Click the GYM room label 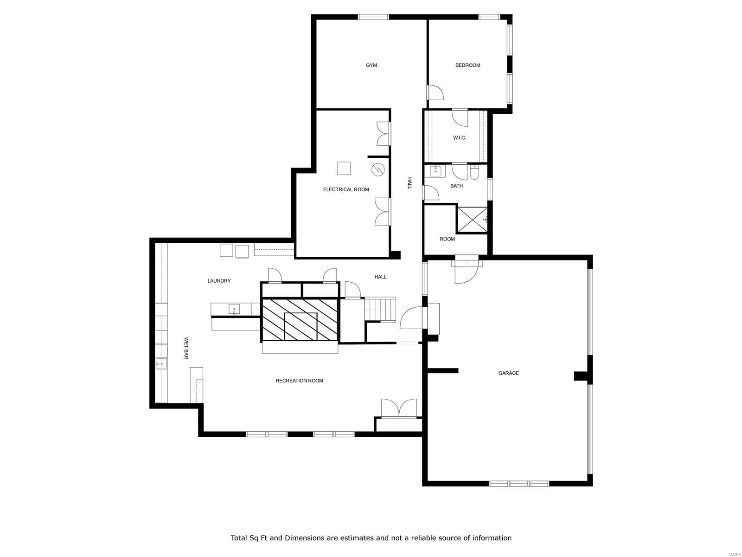(x=371, y=65)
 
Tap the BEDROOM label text (x=467, y=65)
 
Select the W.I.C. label (x=459, y=138)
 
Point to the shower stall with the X (x=472, y=220)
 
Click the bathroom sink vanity (x=436, y=171)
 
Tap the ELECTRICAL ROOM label (x=346, y=189)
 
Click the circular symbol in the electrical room (x=378, y=170)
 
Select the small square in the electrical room (x=344, y=168)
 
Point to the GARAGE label (x=508, y=373)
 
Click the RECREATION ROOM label (x=299, y=381)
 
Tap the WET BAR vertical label (x=186, y=348)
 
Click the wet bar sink (x=161, y=363)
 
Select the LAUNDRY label (x=219, y=281)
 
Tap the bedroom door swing (x=435, y=92)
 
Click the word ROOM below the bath (x=447, y=239)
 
